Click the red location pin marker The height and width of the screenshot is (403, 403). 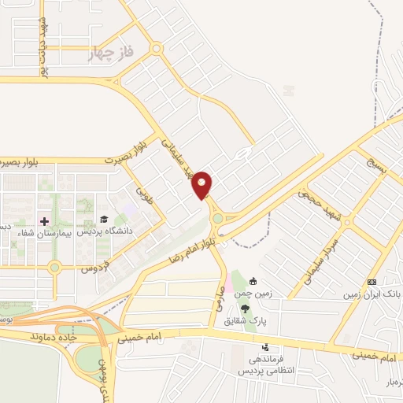[202, 184]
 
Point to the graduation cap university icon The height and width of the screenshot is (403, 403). [104, 220]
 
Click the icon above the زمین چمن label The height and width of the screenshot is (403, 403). [253, 281]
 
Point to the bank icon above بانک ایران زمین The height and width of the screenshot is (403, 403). [372, 282]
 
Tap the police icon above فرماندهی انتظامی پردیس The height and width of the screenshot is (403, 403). [265, 346]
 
